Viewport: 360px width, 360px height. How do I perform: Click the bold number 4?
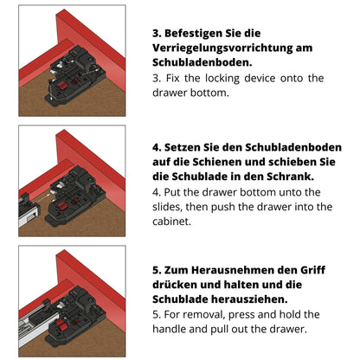coord(157,147)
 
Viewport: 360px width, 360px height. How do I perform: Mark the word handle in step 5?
coord(175,329)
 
